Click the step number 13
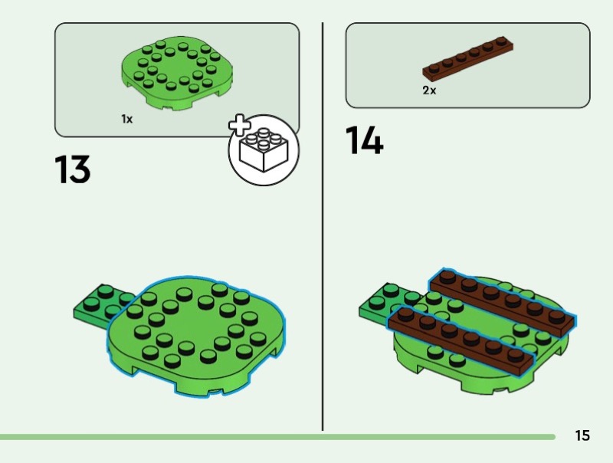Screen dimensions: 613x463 pyautogui.click(x=72, y=169)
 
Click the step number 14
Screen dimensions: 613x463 pyautogui.click(x=365, y=140)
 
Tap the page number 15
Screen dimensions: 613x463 pyautogui.click(x=582, y=435)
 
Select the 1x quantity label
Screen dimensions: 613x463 pyautogui.click(x=127, y=119)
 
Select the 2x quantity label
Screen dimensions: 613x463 pyautogui.click(x=429, y=90)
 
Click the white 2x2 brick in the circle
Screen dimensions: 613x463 pyautogui.click(x=264, y=149)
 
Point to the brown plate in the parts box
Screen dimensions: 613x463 pyautogui.click(x=467, y=57)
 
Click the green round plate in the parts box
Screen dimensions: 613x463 pyautogui.click(x=177, y=73)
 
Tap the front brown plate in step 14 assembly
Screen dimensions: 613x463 pyautogui.click(x=461, y=340)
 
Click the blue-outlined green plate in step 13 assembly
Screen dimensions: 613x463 pyautogui.click(x=197, y=336)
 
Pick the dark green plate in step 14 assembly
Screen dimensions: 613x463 pyautogui.click(x=385, y=303)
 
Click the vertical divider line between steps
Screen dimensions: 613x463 pyautogui.click(x=323, y=226)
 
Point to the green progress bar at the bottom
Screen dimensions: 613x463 pyautogui.click(x=277, y=437)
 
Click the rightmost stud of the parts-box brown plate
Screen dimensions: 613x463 pyautogui.click(x=501, y=41)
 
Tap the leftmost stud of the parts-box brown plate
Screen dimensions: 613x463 pyautogui.click(x=434, y=67)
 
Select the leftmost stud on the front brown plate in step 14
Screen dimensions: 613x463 pyautogui.click(x=405, y=314)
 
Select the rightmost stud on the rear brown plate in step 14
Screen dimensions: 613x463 pyautogui.click(x=557, y=317)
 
